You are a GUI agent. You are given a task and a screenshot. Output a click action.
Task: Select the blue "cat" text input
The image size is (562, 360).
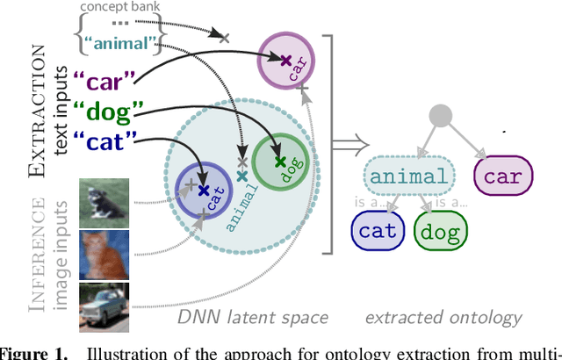coord(106,140)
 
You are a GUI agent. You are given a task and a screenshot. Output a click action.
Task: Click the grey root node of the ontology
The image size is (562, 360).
coord(442,115)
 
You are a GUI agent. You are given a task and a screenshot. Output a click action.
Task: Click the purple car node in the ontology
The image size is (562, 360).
coord(502,176)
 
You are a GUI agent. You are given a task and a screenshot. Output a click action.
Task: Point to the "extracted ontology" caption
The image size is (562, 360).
coord(444,318)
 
